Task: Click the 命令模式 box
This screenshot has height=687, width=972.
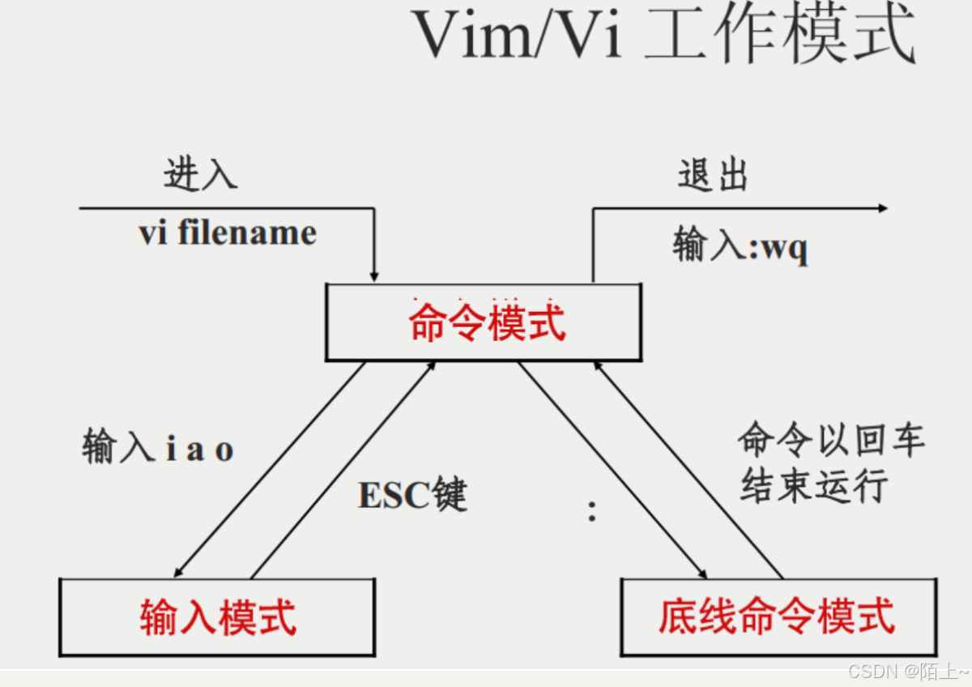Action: [x=484, y=322]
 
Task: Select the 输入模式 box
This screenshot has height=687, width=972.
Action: [x=217, y=617]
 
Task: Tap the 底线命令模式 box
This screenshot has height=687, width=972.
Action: [x=778, y=617]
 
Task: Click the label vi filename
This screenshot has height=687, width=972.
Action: [x=228, y=233]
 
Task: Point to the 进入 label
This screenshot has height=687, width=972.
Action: [x=200, y=173]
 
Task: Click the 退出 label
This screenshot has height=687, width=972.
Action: [x=713, y=175]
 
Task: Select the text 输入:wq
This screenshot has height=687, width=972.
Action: [x=740, y=245]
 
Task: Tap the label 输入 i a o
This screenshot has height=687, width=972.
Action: [x=158, y=448]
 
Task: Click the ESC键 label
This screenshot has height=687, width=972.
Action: [x=413, y=494]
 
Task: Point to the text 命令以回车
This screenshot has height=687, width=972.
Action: [x=831, y=442]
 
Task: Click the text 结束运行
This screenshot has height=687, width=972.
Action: [x=814, y=486]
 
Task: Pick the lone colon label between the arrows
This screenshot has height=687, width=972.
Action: [x=592, y=511]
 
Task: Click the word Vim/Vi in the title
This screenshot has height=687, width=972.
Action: [x=518, y=36]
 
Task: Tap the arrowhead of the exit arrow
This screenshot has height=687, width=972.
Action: [x=882, y=208]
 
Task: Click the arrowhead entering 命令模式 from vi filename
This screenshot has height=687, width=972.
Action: [x=374, y=275]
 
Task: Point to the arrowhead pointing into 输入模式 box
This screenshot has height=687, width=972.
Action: [x=181, y=571]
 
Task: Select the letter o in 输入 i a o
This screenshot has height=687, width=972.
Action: [x=224, y=450]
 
